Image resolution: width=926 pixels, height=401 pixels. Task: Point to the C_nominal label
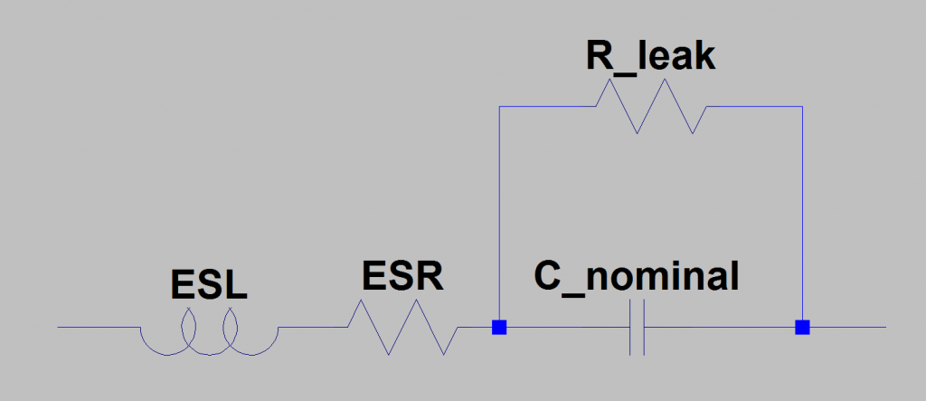pyautogui.click(x=636, y=275)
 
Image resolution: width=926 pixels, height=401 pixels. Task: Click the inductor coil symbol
pyautogui.click(x=209, y=335)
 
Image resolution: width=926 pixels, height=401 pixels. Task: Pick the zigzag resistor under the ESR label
pyautogui.click(x=404, y=327)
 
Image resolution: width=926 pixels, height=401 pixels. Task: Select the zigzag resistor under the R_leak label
pyautogui.click(x=651, y=107)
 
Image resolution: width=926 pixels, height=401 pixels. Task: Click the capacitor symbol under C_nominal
pyautogui.click(x=637, y=327)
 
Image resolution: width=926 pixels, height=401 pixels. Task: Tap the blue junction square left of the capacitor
pyautogui.click(x=498, y=327)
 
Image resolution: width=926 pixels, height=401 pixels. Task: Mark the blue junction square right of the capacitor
pyautogui.click(x=801, y=327)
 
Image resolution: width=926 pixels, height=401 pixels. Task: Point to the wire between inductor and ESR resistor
pyautogui.click(x=313, y=327)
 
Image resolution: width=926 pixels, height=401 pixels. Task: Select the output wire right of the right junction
pyautogui.click(x=846, y=327)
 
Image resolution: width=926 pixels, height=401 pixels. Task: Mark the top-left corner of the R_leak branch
pyautogui.click(x=499, y=107)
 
